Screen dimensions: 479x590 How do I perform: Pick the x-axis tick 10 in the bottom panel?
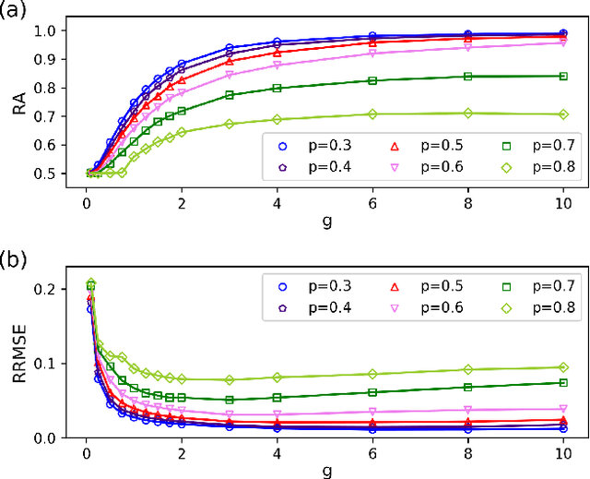click(562, 452)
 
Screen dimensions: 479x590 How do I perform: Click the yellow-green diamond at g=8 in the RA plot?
click(467, 114)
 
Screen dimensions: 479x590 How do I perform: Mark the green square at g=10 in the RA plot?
click(562, 76)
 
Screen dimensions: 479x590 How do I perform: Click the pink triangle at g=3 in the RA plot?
click(230, 76)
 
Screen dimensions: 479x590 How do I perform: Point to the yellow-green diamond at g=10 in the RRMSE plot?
click(562, 367)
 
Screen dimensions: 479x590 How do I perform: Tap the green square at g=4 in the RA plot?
click(277, 88)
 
